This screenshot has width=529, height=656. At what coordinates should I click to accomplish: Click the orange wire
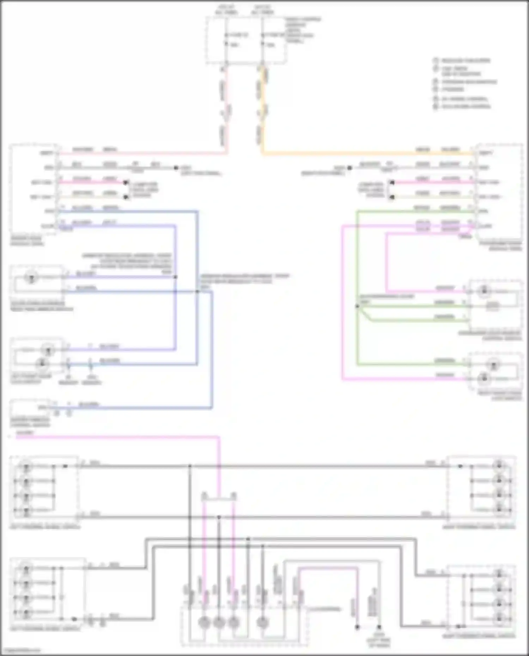point(353,153)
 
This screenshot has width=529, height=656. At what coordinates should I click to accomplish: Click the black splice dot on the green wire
point(357,306)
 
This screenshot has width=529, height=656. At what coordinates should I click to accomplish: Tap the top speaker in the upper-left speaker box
point(26,466)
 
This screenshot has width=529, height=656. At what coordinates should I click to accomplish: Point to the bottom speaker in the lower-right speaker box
point(499,617)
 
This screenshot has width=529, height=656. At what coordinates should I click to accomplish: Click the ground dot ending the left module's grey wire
point(176,168)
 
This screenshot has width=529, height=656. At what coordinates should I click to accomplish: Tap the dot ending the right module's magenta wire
point(391,182)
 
